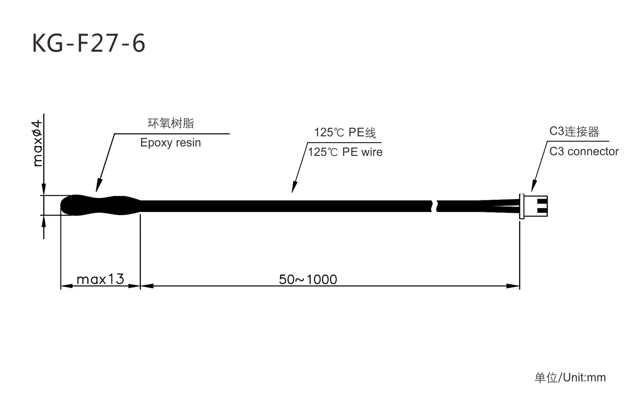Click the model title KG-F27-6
pos(89,43)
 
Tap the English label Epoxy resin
pos(170,143)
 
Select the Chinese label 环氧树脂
pos(171,123)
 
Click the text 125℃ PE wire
pos(345,152)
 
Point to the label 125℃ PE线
pos(345,132)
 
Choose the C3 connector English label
pos(584,151)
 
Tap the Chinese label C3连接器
pos(574,131)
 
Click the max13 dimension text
pos(100,279)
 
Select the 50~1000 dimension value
pos(308,279)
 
